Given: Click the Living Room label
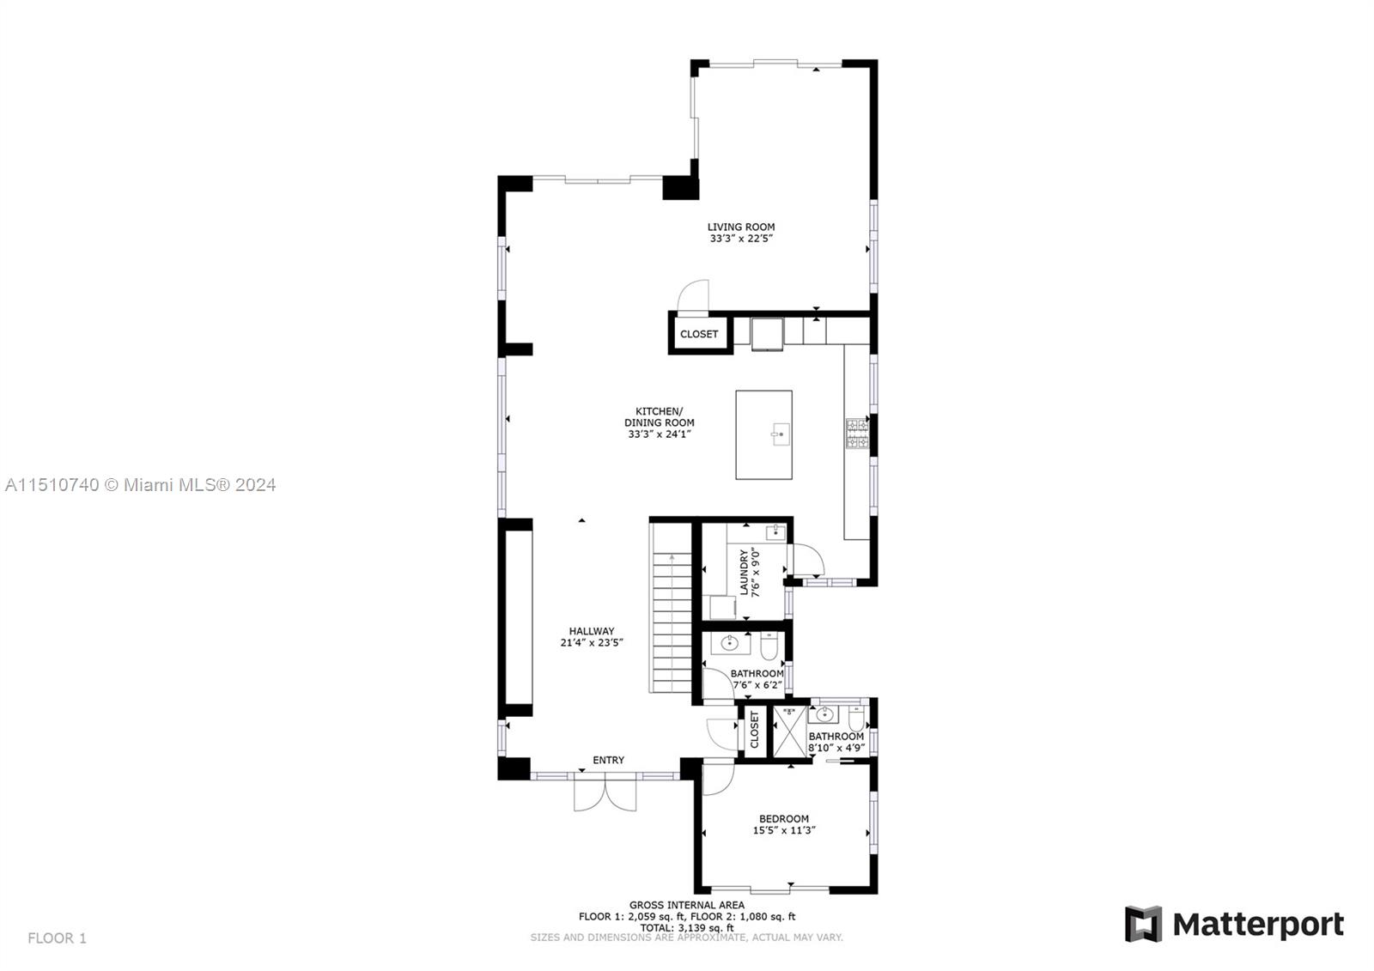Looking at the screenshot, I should pos(741,228).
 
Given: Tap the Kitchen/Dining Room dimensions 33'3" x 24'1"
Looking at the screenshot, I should pos(659,434).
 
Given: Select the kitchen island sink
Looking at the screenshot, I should pos(780,435).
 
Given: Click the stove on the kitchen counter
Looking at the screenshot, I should pos(857,434).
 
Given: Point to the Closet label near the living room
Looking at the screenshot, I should pos(698,334).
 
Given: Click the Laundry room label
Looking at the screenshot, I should pos(745,572).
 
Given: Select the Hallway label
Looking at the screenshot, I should pos(591,631).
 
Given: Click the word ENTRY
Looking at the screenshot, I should pos(608,760).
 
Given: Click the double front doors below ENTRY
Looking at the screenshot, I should pos(605,794).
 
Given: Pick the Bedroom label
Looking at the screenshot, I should pos(783,819).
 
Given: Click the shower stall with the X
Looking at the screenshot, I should pos(788,731).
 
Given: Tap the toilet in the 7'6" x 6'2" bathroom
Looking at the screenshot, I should pos(769,644).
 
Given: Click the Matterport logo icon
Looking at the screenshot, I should pos(1143,924).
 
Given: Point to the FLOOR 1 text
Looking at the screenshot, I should pos(57,938).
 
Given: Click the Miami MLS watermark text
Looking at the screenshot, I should pos(140,485).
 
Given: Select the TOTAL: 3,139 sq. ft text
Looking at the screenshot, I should pos(686,927).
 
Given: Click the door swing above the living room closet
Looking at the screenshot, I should pos(694,295).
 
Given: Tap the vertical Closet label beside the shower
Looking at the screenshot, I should pos(755,730).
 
